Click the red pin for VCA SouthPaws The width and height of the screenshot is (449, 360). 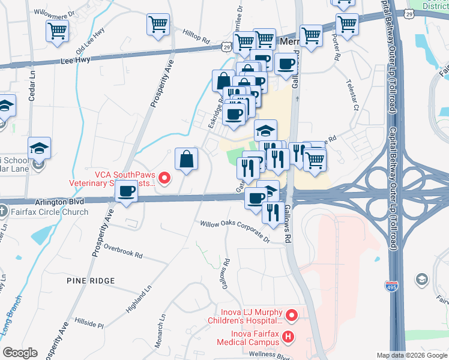click(x=165, y=178)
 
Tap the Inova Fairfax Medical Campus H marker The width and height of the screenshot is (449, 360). click(x=288, y=337)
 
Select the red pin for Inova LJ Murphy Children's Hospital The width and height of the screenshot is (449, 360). click(x=292, y=314)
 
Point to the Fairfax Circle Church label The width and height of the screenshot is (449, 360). click(x=49, y=212)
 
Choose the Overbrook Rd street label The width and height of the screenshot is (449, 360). click(x=122, y=251)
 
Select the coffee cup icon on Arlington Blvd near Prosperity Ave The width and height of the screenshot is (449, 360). click(x=126, y=192)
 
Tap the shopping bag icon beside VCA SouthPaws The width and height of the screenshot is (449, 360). click(x=187, y=160)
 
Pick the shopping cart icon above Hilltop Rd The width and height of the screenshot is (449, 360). click(x=158, y=25)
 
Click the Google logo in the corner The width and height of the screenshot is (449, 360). click(x=20, y=353)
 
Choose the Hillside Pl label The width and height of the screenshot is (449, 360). click(x=89, y=323)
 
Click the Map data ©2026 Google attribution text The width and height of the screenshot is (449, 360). click(x=411, y=355)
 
